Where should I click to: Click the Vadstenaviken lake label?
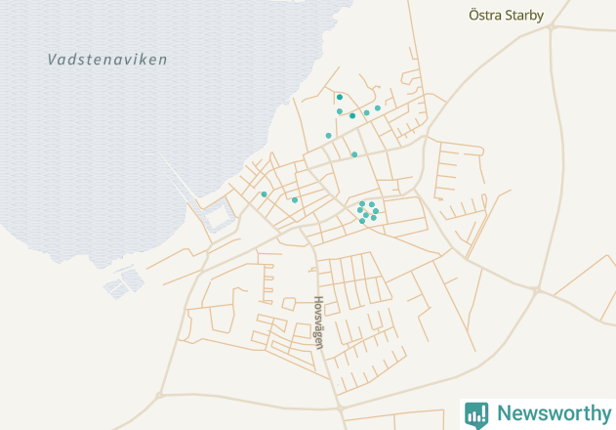107,60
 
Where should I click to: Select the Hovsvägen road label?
317,318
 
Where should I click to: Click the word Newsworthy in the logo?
553,413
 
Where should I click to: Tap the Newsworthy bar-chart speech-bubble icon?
476,413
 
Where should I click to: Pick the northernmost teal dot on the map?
340,97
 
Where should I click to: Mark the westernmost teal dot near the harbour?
264,193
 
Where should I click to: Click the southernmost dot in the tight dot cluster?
362,221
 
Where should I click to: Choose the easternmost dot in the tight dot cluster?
376,210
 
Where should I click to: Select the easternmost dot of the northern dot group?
378,107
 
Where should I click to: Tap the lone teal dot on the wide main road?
354,154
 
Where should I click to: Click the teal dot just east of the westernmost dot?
295,199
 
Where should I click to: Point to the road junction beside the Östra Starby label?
551,27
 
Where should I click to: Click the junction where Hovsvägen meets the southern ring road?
338,401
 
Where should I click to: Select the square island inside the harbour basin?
219,209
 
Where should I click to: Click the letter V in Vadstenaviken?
52,61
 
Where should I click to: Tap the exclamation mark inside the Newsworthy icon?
476,411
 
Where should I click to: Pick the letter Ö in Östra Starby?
474,15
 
